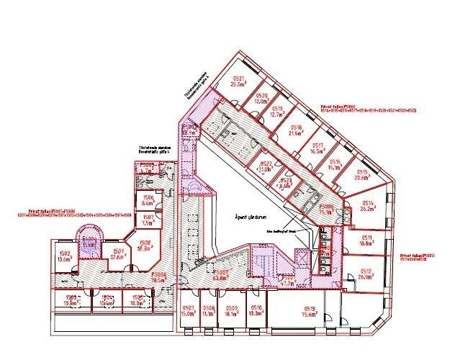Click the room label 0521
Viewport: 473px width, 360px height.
238,78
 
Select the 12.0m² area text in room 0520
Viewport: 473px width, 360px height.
261,102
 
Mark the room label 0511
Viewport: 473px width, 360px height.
366,238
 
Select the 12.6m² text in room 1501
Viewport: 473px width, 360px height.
118,256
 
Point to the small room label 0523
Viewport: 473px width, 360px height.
287,181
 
